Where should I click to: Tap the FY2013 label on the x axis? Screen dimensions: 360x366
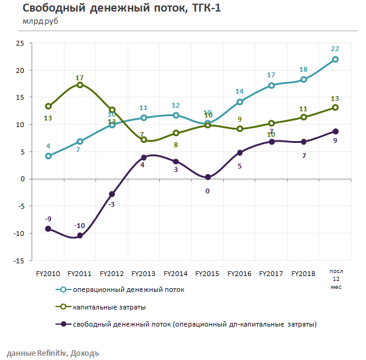point(143,274)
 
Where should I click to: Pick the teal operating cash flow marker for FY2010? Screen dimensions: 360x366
point(48,156)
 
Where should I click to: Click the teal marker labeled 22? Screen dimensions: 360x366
point(335,59)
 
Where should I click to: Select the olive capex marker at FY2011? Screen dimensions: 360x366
point(80,85)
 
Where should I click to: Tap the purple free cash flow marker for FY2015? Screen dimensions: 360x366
point(207,177)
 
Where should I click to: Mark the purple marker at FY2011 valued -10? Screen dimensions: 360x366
point(80,235)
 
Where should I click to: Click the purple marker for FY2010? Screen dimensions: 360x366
point(48,229)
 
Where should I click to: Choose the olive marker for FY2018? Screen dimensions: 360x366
point(303,117)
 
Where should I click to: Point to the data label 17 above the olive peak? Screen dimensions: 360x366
point(80,78)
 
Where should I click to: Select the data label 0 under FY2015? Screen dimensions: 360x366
point(207,190)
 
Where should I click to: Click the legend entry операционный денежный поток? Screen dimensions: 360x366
point(128,289)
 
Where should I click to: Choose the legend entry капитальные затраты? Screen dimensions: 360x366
point(109,306)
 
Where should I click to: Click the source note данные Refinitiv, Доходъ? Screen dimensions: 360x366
point(52,353)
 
